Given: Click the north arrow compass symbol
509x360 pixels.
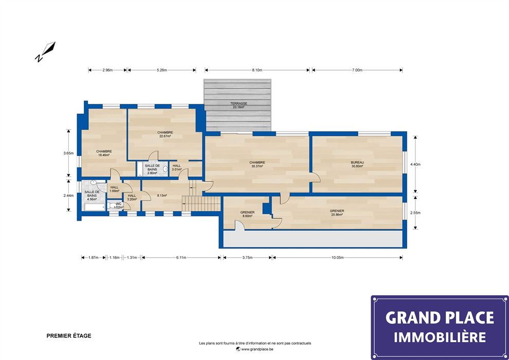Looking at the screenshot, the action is pos(45,51).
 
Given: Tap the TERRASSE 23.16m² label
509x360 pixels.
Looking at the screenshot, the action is pos(239,105).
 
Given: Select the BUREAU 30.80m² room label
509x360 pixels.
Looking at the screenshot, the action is pos(357,164).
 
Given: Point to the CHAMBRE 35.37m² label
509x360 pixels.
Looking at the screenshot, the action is pos(257,164).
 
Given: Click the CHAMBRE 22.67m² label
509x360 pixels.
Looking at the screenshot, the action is pos(165,134).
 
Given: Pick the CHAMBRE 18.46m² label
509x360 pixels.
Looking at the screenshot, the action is pos(104,153).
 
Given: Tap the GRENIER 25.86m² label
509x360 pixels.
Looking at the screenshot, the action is pos(337,212).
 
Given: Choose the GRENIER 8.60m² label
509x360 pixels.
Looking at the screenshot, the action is pos(247,214).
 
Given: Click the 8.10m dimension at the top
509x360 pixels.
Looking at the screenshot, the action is pos(257,70).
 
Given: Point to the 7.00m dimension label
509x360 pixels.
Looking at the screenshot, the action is pos(357,70).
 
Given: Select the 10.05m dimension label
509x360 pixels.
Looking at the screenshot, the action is pos(337,258).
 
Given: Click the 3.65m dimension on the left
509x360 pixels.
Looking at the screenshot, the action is pos(68,153).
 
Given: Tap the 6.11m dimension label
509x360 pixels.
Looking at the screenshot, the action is pos(181,258).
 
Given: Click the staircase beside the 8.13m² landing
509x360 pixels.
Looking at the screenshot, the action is pos(201,203).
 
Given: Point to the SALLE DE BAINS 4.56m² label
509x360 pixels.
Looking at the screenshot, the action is pos(92,196).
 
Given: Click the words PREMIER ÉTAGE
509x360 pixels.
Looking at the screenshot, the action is pos(69,336).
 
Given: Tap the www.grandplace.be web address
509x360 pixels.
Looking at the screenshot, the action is pos(255,349).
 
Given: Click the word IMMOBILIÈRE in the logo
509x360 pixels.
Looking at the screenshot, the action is pos(440,337).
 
